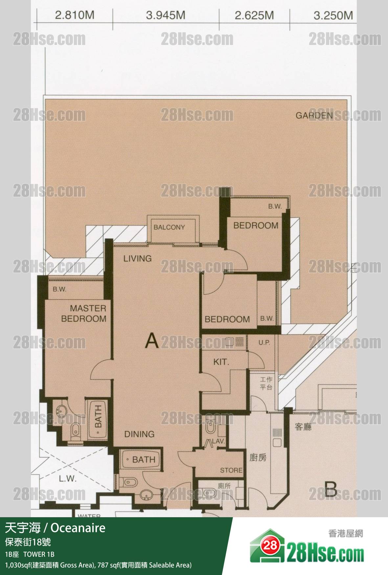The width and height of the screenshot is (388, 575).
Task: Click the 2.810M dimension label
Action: pyautogui.click(x=75, y=15)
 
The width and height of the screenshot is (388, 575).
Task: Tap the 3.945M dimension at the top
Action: pyautogui.click(x=166, y=15)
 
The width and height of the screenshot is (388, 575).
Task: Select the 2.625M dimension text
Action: pyautogui.click(x=254, y=15)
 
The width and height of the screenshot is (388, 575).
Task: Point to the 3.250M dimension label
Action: pyautogui.click(x=333, y=15)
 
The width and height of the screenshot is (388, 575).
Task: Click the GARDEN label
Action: pyautogui.click(x=314, y=115)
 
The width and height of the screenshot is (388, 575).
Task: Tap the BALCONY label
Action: pyautogui.click(x=169, y=227)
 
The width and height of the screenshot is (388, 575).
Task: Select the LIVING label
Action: pyautogui.click(x=138, y=258)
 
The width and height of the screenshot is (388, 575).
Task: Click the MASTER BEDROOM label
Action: pyautogui.click(x=84, y=313)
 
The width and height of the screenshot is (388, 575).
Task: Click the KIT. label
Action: pyautogui.click(x=221, y=362)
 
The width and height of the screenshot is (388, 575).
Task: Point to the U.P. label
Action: pyautogui.click(x=264, y=343)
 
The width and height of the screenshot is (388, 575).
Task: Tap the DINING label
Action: pyautogui.click(x=139, y=434)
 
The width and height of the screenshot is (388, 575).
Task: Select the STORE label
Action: pyautogui.click(x=231, y=470)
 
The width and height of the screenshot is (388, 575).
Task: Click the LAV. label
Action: pyautogui.click(x=218, y=441)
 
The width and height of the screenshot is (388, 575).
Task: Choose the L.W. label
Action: pyautogui.click(x=68, y=478)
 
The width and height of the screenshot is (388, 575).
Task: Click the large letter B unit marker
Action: pyautogui.click(x=331, y=489)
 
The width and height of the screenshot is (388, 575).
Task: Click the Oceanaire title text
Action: pyautogui.click(x=78, y=528)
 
